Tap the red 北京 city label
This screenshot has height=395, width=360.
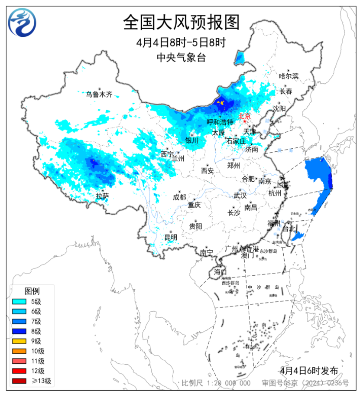coord(245,116)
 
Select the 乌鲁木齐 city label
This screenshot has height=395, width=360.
coord(98,94)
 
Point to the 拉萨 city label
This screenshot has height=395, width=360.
coord(102,196)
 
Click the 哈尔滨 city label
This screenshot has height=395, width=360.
coord(289,76)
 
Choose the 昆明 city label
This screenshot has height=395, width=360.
coord(171,237)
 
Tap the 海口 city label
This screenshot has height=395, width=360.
coord(220,272)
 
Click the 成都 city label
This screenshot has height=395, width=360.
coord(179,197)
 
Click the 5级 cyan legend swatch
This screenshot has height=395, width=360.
coord(20,301)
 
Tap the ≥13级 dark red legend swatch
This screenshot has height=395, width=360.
coord(20,381)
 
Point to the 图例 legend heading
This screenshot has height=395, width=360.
coord(32,290)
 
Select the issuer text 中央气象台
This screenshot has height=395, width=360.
coord(181,57)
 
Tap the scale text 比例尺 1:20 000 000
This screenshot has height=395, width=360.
coord(216,383)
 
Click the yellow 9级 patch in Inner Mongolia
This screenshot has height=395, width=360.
coord(221,103)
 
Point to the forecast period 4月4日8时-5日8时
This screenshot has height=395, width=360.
coord(181,42)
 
